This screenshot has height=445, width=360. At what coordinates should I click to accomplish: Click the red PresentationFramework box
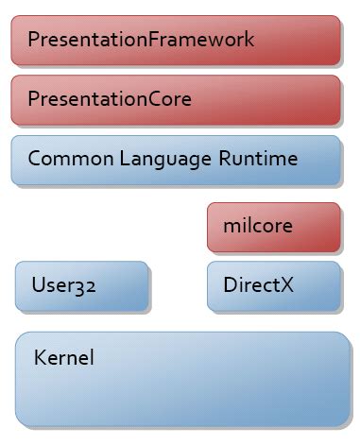(176, 40)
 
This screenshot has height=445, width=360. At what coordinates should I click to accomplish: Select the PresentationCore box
(176, 99)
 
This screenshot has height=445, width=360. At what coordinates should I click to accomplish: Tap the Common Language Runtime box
(176, 159)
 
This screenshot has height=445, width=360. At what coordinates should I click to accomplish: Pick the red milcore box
(273, 227)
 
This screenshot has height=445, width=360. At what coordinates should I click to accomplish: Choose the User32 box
(82, 285)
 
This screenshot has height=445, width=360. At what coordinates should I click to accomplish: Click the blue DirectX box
(273, 285)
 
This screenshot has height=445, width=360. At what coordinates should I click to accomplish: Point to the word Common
(60, 159)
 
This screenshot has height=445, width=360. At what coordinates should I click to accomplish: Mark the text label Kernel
(63, 359)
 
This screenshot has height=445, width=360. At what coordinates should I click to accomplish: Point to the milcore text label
(258, 227)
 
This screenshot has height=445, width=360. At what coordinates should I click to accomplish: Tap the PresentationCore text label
(110, 99)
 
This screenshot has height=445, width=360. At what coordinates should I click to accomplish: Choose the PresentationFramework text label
(141, 40)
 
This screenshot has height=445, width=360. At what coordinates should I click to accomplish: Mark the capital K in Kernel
(39, 359)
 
